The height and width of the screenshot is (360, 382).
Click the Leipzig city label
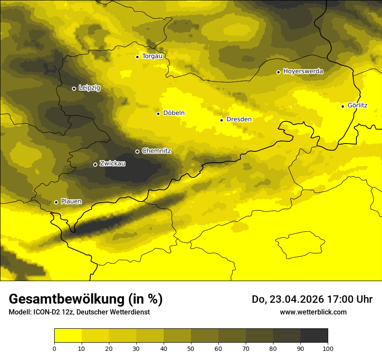coord(89,88)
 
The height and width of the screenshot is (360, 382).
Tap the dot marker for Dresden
coord(221,120)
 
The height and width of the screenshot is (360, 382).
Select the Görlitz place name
coord(358,105)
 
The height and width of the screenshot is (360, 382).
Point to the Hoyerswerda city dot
coord(278,72)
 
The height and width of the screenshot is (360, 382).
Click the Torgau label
coord(152,56)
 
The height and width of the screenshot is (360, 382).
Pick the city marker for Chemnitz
coord(138,151)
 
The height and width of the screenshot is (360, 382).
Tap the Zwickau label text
coord(112,164)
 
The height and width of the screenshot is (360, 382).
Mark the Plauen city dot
coord(56,202)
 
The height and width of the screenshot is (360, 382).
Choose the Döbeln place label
coord(174,113)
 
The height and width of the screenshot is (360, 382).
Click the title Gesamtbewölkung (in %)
coord(86,299)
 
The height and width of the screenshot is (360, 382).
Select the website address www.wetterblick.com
coord(313,312)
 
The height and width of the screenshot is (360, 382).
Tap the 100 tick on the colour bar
coord(328,348)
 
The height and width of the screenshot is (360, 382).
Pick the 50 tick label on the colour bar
coord(191,348)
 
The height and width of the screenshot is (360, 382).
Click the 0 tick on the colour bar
coord(54,348)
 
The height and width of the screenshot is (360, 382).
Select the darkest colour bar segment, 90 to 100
coord(314,336)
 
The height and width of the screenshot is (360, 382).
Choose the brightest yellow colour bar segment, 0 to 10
coord(68,336)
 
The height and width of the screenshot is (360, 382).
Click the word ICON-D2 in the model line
coord(46,312)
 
